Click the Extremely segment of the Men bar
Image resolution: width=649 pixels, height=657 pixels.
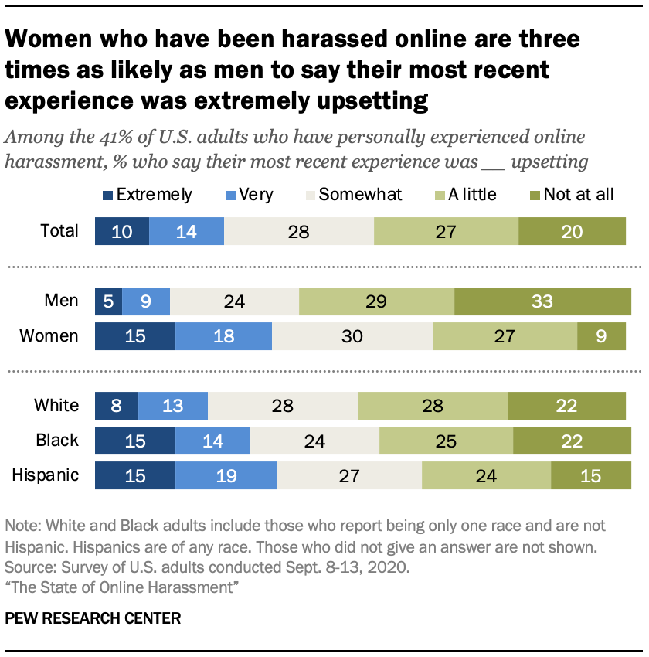[x=108, y=300]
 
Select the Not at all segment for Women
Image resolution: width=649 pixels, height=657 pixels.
[x=601, y=336]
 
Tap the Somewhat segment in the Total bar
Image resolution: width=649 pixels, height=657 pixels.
[x=298, y=231]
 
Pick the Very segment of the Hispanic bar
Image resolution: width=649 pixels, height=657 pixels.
[x=226, y=475]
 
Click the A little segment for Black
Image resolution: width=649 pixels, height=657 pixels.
[x=446, y=441]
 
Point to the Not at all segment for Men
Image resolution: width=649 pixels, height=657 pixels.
[x=542, y=300]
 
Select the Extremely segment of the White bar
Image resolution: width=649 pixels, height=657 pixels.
[x=116, y=406]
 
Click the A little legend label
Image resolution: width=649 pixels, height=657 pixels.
[x=471, y=195]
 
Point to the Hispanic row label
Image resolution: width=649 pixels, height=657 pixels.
[x=46, y=475]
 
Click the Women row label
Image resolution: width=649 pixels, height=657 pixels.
[x=49, y=336]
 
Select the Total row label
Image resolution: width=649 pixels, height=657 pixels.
[x=59, y=231]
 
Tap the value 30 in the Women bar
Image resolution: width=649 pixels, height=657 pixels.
[x=352, y=336]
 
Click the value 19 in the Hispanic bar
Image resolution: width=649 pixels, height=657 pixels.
[x=226, y=475]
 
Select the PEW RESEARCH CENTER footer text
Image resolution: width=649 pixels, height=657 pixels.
[x=93, y=618]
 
